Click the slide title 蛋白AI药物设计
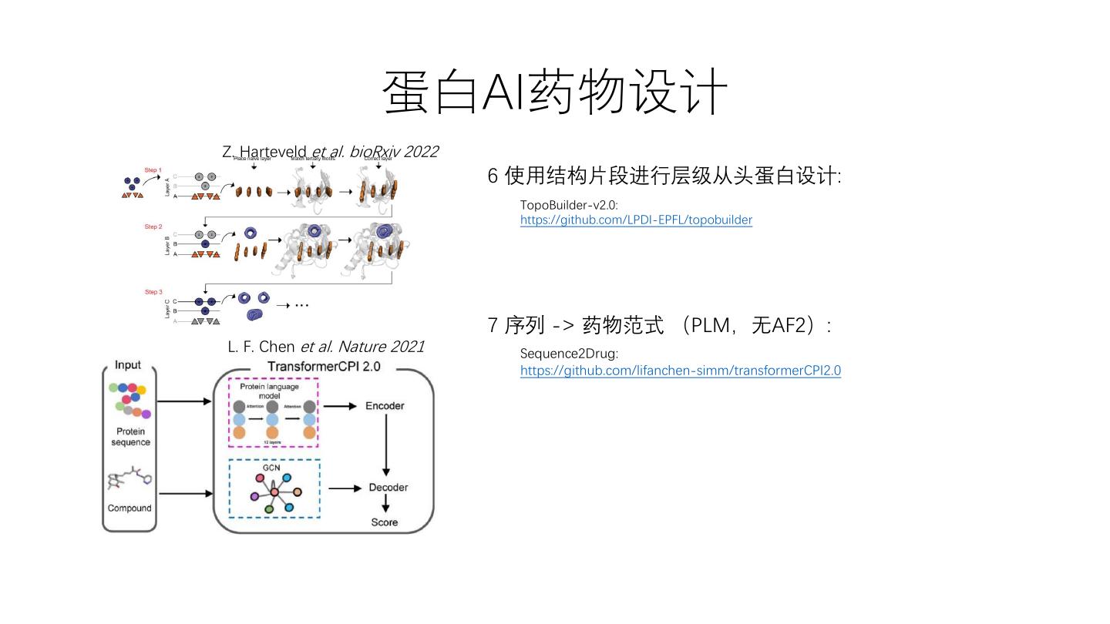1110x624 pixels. click(x=555, y=92)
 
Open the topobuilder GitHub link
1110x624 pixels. click(x=636, y=220)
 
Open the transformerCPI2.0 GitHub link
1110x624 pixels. click(x=680, y=371)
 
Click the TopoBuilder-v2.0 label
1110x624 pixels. click(x=569, y=205)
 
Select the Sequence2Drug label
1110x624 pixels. click(x=569, y=354)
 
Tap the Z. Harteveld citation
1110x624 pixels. click(x=330, y=152)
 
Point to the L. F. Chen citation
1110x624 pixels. click(x=325, y=347)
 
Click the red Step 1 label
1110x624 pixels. click(x=153, y=170)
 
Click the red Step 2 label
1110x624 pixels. click(x=153, y=227)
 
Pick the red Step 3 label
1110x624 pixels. click(x=153, y=293)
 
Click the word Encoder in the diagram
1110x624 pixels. click(x=385, y=406)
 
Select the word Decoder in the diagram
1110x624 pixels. click(x=388, y=488)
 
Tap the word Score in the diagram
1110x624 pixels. click(x=385, y=522)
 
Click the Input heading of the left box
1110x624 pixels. click(x=128, y=365)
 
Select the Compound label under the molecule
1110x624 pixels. click(x=129, y=508)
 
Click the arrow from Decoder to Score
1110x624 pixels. click(x=385, y=505)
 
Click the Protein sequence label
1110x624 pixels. click(x=130, y=437)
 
